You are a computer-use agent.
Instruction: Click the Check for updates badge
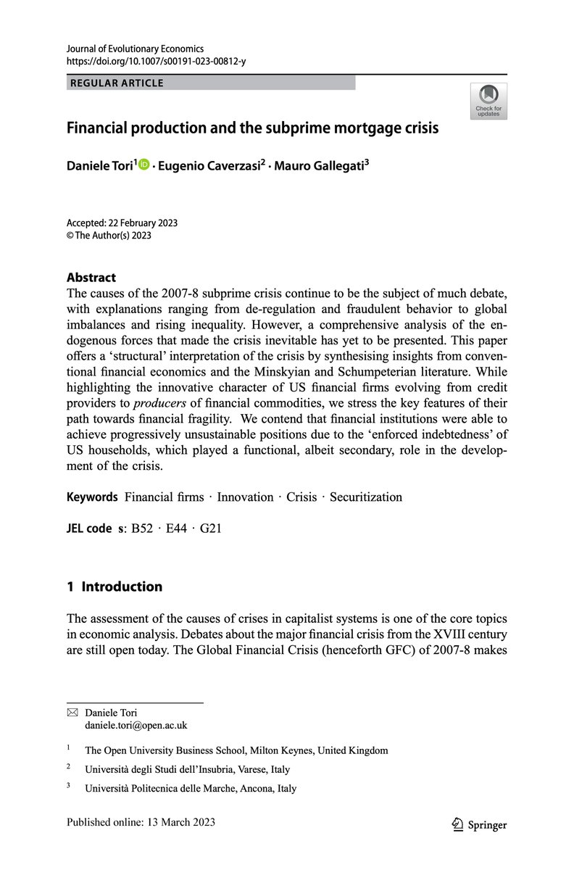(x=488, y=101)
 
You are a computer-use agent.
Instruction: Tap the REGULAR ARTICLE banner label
(x=117, y=83)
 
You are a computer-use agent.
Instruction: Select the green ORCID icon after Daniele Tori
(x=143, y=165)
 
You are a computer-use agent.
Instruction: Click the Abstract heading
(x=91, y=277)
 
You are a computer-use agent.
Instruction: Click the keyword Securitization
(x=365, y=497)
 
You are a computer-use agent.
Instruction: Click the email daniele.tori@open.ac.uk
(x=136, y=724)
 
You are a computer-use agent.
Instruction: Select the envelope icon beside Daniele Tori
(x=72, y=713)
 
